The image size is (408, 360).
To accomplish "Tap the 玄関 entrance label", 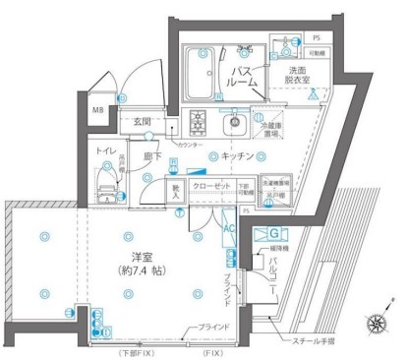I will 144,121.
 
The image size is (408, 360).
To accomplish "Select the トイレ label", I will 106,151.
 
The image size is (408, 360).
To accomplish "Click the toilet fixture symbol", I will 105,182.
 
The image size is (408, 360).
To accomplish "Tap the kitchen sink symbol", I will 233,124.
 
